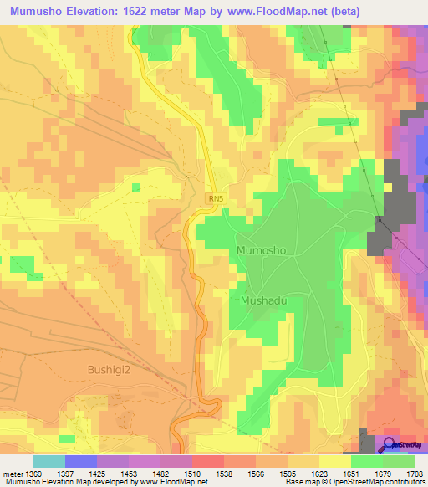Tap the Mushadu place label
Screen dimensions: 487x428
(x=265, y=300)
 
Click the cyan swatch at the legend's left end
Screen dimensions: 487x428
(x=48, y=461)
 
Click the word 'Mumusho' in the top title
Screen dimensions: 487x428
(x=38, y=11)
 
